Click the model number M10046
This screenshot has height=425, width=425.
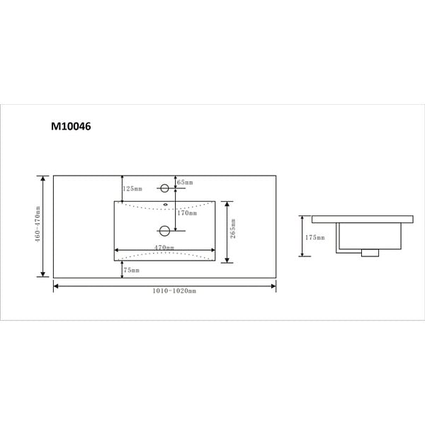(71, 126)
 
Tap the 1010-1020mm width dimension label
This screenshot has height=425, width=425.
(174, 291)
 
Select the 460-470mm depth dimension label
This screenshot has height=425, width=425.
(38, 224)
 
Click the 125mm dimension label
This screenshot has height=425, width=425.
(132, 188)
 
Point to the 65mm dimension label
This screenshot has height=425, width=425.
(185, 182)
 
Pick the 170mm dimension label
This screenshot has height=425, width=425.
(187, 213)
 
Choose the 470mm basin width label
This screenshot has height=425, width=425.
(164, 247)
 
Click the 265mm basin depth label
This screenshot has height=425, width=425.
(233, 229)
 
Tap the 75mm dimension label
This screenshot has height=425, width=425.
(132, 270)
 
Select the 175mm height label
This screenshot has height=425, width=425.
(315, 237)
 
